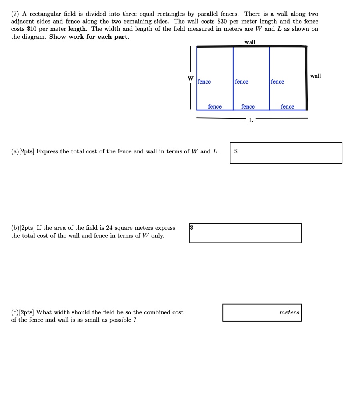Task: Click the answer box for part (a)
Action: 286,153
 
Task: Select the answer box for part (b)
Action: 245,233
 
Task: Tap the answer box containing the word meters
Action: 262,312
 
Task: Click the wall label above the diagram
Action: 250,42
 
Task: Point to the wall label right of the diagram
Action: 316,76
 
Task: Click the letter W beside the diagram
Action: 191,78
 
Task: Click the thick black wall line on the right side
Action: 306,78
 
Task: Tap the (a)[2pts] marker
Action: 23,151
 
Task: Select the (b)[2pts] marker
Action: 23,228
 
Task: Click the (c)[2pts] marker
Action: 23,312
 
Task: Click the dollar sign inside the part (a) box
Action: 236,151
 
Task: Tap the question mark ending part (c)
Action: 134,320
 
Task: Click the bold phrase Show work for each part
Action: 89,36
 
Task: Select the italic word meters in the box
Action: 289,312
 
